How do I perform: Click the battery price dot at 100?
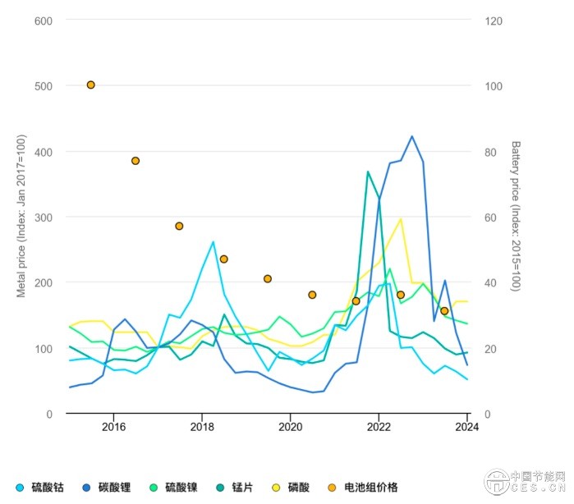pos(90,85)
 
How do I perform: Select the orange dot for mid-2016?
pos(135,161)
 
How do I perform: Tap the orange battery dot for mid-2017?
pos(179,226)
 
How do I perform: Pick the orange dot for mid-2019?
pos(268,278)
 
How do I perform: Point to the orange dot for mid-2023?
pos(444,311)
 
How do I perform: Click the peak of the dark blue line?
pos(411,136)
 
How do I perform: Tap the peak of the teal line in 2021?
pos(368,172)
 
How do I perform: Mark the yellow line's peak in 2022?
pos(401,218)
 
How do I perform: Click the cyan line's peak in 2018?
pos(214,241)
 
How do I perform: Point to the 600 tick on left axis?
pos(44,20)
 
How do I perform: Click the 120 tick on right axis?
pos(494,20)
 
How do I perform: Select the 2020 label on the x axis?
pos(291,427)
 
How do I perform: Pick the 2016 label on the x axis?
pos(113,427)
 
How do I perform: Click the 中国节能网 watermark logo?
pos(526,482)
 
